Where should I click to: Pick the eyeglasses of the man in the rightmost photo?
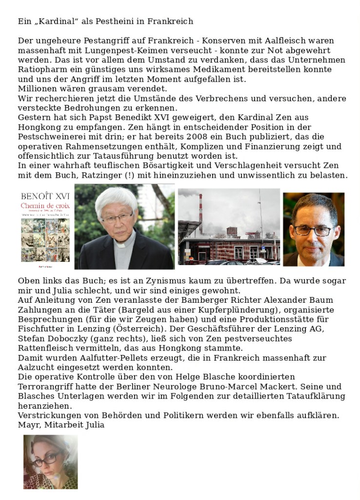point(312,230)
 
